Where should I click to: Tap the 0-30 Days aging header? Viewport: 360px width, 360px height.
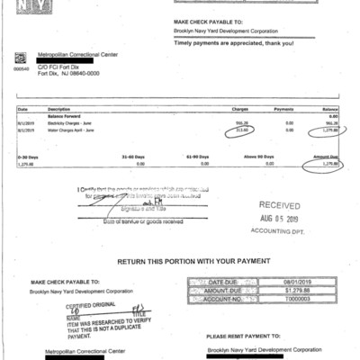26,157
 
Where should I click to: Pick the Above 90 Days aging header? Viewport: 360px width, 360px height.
256,157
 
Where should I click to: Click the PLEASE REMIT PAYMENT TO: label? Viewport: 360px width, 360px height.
239,337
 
